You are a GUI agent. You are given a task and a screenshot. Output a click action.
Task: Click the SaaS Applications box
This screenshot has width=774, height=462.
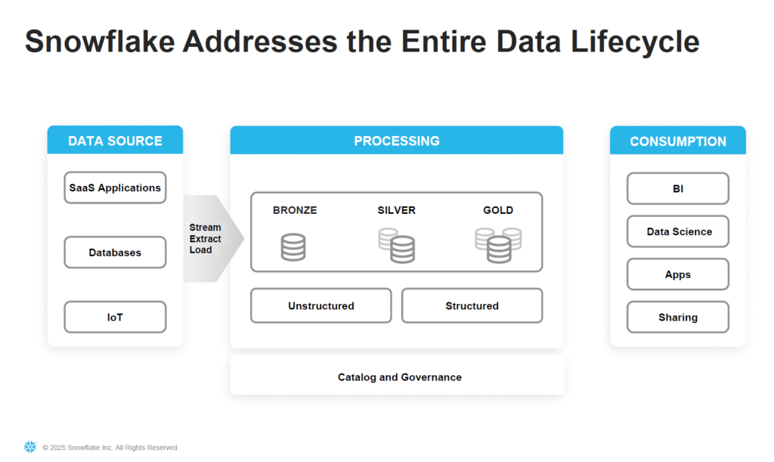point(115,188)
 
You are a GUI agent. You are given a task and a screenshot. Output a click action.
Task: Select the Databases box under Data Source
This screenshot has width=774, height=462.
point(115,253)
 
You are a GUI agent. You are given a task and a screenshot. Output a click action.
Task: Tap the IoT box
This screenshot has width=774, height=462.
point(115,317)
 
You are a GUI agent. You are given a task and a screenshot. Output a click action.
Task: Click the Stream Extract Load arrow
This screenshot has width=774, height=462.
point(213,238)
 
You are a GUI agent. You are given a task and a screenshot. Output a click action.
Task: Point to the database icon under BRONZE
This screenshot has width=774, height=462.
point(293,247)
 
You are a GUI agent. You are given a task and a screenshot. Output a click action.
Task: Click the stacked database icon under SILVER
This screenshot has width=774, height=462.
point(396,245)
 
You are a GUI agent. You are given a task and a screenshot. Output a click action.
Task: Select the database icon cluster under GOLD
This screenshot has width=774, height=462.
point(498,245)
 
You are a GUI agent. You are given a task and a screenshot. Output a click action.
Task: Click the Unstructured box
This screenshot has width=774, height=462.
point(320,305)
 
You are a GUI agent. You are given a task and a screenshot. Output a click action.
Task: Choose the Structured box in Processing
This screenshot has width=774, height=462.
point(472,305)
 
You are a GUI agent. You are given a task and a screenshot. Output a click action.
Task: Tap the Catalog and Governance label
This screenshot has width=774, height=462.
point(399,377)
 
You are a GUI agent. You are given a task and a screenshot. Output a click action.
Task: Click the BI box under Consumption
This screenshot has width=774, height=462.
point(678,188)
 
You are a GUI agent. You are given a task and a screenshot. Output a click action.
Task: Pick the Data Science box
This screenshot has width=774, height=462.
point(678,231)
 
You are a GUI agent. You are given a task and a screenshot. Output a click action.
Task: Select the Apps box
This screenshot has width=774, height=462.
point(678,274)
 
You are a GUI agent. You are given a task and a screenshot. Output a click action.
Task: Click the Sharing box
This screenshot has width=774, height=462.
point(678,317)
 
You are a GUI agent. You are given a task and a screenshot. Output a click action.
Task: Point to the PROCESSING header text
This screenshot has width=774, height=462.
point(396,141)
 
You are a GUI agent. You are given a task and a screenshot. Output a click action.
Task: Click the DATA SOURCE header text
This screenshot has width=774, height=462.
point(115,141)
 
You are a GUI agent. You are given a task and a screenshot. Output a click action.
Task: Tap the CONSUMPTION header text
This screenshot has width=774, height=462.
point(678,141)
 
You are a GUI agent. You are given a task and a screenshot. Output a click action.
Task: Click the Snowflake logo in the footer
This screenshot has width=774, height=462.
point(30,447)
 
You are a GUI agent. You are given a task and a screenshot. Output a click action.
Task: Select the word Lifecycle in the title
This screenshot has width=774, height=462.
point(635,42)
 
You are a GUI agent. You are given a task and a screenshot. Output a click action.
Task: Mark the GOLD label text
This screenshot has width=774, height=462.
point(498,210)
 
